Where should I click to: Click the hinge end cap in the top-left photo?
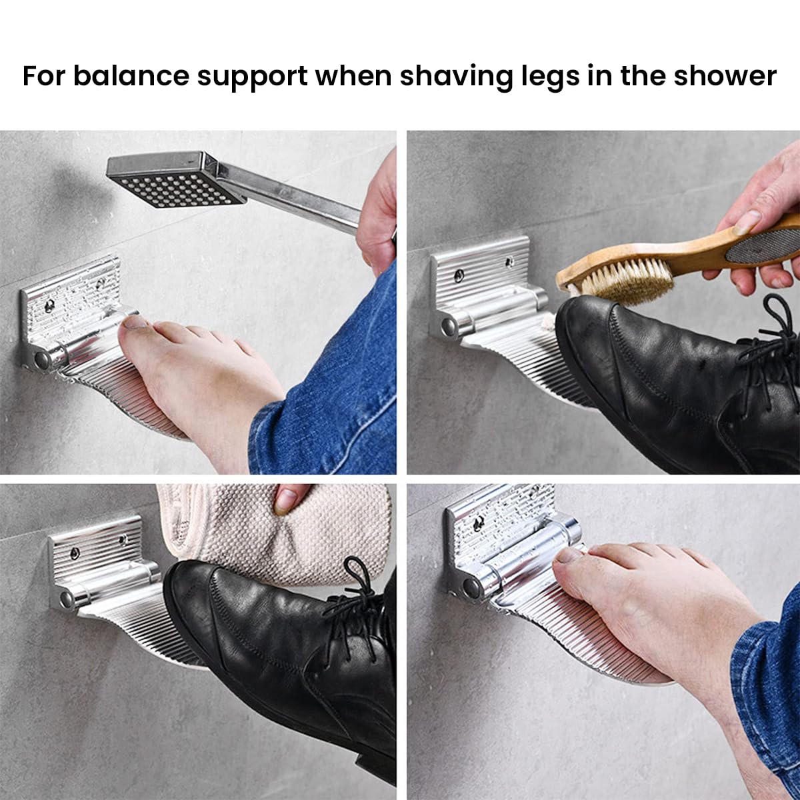coord(41,361)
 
